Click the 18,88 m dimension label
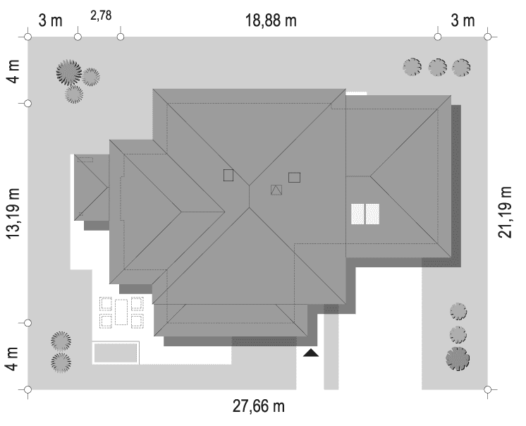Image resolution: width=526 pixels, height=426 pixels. [x=271, y=20]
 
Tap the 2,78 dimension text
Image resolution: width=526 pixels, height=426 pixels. [x=101, y=16]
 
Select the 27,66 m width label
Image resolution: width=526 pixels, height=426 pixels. [x=259, y=406]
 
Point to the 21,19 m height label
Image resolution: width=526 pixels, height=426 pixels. [x=505, y=212]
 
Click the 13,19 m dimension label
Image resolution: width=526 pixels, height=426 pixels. [x=14, y=214]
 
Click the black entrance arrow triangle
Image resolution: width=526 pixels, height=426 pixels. [x=311, y=353]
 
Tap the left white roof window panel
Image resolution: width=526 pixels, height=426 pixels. [x=357, y=214]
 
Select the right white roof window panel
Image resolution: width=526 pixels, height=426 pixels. [x=372, y=214]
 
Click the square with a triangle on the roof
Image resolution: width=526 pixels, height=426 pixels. [x=276, y=190]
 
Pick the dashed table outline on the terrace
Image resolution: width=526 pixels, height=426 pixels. [x=121, y=312]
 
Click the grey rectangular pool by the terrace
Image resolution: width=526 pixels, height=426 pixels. [x=116, y=353]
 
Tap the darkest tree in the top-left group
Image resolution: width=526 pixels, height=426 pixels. [x=69, y=73]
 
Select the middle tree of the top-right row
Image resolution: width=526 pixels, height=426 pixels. [x=437, y=68]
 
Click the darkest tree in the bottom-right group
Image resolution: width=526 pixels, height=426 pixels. [x=458, y=358]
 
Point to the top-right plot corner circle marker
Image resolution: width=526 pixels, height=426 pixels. [x=488, y=37]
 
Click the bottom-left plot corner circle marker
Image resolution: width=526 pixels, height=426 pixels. [x=27, y=389]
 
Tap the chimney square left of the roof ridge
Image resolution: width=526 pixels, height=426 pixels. [x=228, y=175]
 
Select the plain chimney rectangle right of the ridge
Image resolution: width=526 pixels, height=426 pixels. [x=294, y=178]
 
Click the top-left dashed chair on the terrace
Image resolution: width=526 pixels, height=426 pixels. [x=106, y=303]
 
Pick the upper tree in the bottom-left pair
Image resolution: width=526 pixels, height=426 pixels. [x=61, y=341]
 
